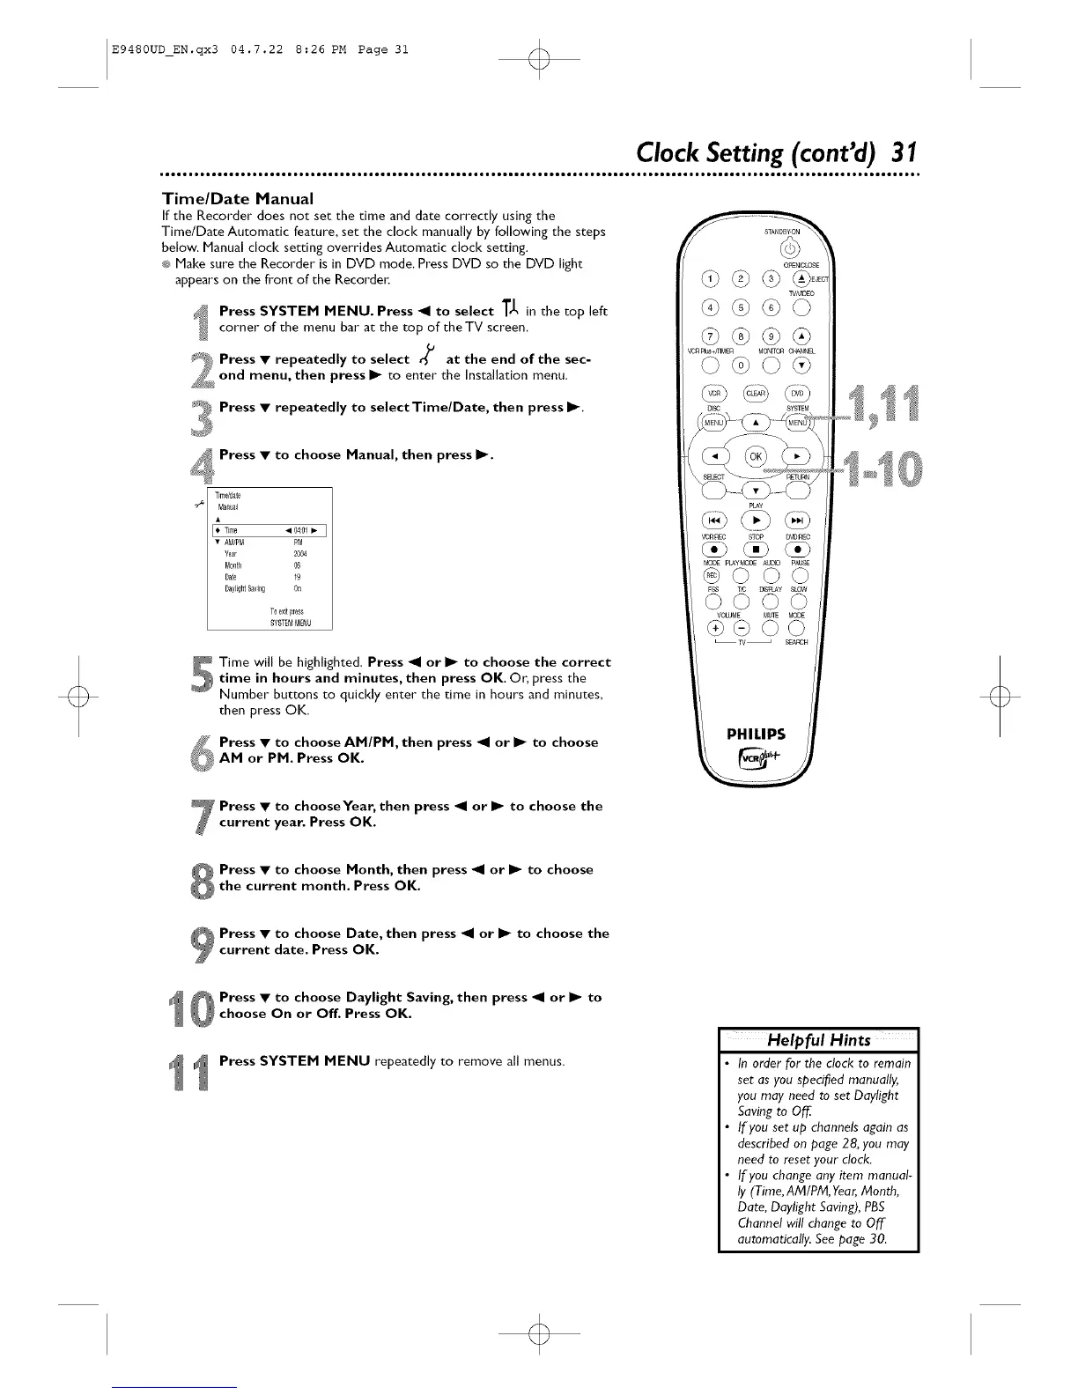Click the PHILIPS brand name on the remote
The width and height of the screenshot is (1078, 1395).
[x=756, y=734]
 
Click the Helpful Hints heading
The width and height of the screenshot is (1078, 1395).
[x=819, y=1039]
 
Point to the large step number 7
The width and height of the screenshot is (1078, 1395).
[x=203, y=815]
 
